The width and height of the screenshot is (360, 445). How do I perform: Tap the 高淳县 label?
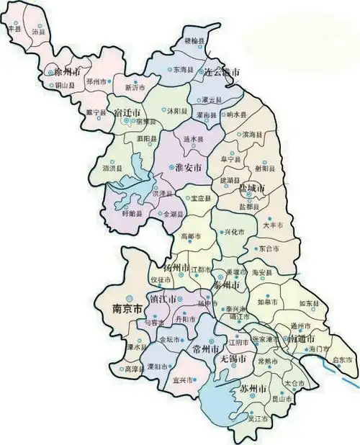(x=134, y=369)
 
